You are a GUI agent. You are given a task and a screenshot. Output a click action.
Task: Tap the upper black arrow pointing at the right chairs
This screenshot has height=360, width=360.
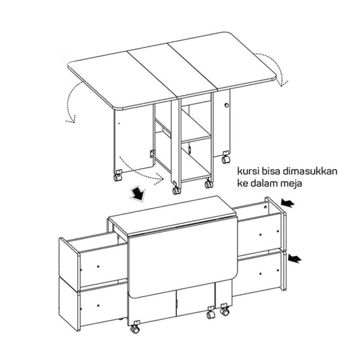tap(288, 203)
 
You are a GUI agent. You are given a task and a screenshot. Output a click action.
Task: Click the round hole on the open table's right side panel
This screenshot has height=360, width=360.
tap(227, 105)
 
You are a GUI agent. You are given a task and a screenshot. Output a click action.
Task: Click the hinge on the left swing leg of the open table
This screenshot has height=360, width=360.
tap(152, 154)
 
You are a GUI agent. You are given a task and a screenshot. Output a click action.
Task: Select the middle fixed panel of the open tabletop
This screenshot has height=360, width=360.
tap(172, 70)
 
